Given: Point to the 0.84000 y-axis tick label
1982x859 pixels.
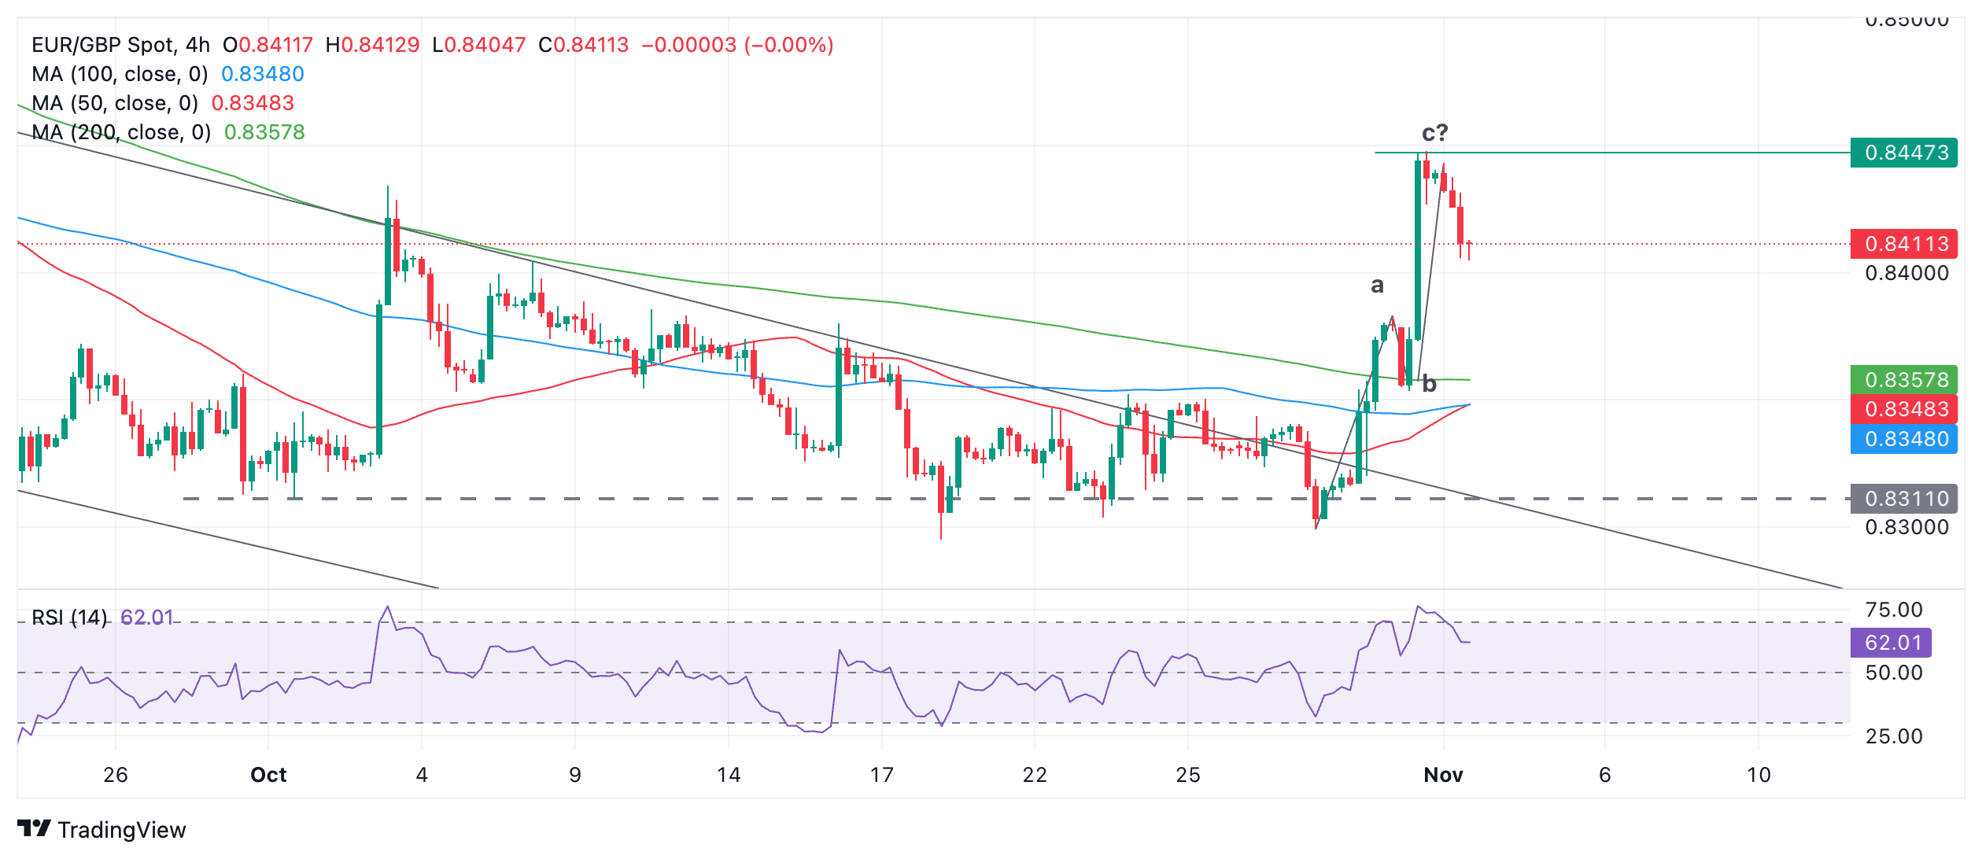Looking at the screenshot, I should click(x=1906, y=274).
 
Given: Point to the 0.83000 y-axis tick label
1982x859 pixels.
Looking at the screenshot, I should click(x=1906, y=527).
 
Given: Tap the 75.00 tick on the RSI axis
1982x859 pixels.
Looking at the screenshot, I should click(x=1893, y=610).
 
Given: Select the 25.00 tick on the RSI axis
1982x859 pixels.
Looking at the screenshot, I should click(x=1893, y=736).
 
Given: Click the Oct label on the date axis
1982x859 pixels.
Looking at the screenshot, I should click(x=268, y=775).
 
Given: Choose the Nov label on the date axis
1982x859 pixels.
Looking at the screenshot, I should click(x=1443, y=775).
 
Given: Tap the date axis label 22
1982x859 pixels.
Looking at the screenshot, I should click(x=1035, y=775).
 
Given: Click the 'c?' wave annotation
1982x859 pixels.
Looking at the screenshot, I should click(x=1434, y=132).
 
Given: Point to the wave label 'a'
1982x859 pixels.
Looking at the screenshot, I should click(x=1377, y=285).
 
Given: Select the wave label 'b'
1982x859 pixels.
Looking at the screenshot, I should click(x=1430, y=384).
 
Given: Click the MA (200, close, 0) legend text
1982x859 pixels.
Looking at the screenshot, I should click(x=121, y=132).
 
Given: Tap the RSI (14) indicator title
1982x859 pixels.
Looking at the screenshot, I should click(x=69, y=618).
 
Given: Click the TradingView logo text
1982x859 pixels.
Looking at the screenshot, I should click(x=121, y=830).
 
